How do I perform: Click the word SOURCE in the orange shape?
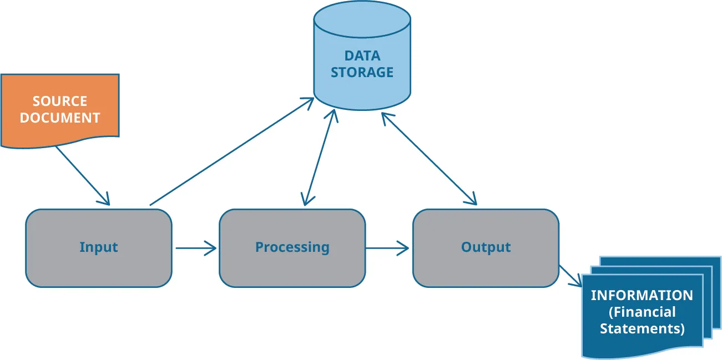tap(60, 101)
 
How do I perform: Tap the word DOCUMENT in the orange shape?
tap(60, 118)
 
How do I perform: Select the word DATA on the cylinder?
tap(362, 56)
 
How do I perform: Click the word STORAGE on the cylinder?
tap(362, 73)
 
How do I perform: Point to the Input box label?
tap(99, 247)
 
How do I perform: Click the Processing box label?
tap(292, 247)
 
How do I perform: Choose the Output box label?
tap(486, 247)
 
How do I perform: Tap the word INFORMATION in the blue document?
tap(642, 295)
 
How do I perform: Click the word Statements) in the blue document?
tap(642, 328)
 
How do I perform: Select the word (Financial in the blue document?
tap(642, 312)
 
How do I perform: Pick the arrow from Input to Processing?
tap(195, 248)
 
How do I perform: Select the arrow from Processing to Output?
tap(388, 248)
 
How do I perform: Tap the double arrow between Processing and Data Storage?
tap(320, 158)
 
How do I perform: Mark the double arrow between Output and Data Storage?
tap(428, 159)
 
